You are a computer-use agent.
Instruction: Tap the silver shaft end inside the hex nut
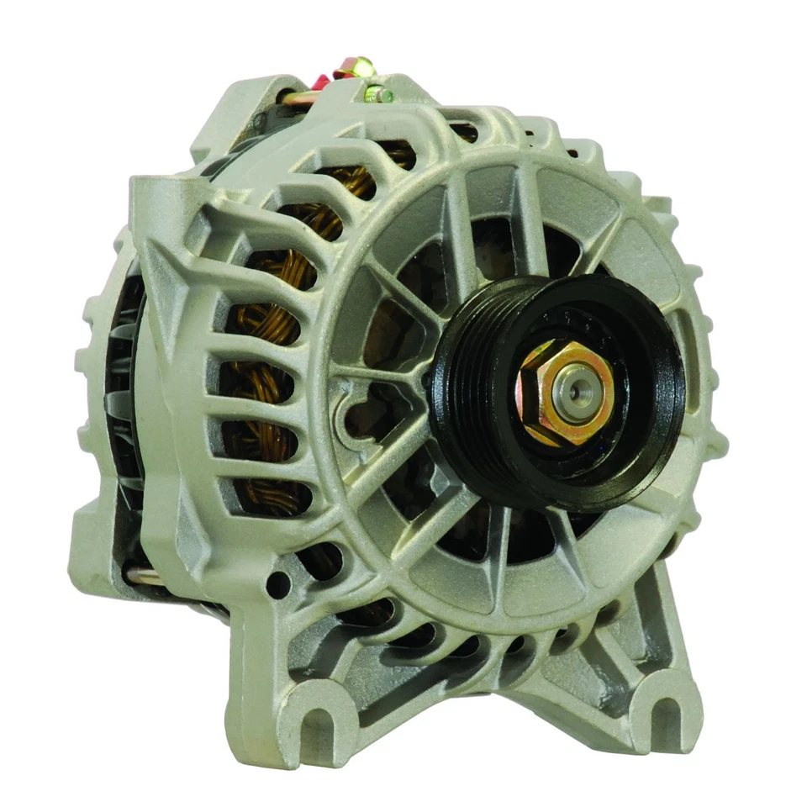point(573,390)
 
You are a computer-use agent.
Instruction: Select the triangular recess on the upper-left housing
point(172,252)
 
